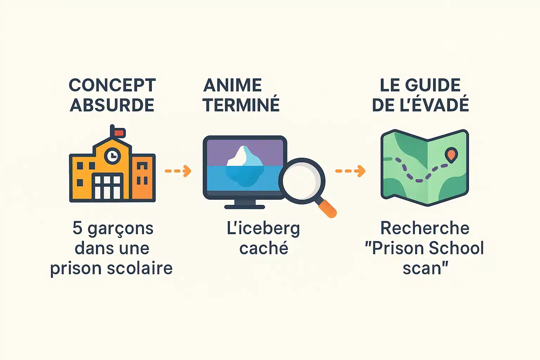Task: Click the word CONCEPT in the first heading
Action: click(x=112, y=85)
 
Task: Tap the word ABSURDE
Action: click(x=112, y=105)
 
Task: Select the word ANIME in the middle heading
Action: click(x=233, y=85)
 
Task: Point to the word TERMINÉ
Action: click(x=241, y=105)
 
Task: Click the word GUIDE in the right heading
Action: click(x=433, y=85)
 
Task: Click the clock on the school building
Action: click(x=112, y=155)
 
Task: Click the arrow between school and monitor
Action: click(x=178, y=171)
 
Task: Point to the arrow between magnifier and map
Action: click(x=350, y=171)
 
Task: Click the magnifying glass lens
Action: click(x=302, y=181)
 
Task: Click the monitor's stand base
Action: click(x=245, y=206)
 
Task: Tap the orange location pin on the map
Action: click(x=451, y=154)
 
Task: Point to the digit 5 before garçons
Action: click(x=77, y=228)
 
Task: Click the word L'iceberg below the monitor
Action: click(x=263, y=229)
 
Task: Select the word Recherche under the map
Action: click(x=425, y=228)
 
